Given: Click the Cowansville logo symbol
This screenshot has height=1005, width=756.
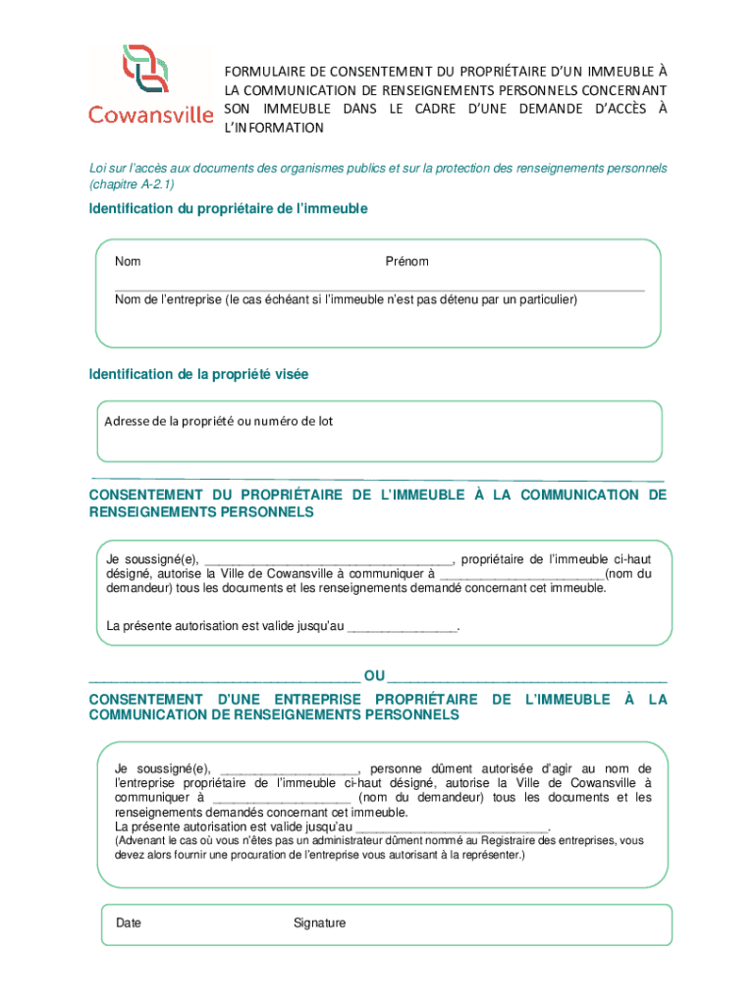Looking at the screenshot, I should [150, 69].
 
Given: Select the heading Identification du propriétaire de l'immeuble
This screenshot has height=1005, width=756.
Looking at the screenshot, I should [228, 209].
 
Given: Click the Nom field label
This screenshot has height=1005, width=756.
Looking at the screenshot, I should [128, 262].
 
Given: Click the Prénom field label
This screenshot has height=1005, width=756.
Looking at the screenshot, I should [406, 262].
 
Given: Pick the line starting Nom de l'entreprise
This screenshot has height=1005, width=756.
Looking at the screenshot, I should [346, 299].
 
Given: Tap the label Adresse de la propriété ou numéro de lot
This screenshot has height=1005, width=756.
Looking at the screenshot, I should [218, 421].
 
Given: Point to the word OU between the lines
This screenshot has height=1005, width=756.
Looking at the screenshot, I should [374, 676].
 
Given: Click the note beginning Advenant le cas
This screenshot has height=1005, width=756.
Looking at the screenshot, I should [378, 848].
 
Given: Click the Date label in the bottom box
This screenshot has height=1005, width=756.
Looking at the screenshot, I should [129, 924].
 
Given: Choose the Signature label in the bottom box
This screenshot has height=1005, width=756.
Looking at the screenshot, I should [319, 924].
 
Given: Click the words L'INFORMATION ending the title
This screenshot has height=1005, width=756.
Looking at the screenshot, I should [274, 129].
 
